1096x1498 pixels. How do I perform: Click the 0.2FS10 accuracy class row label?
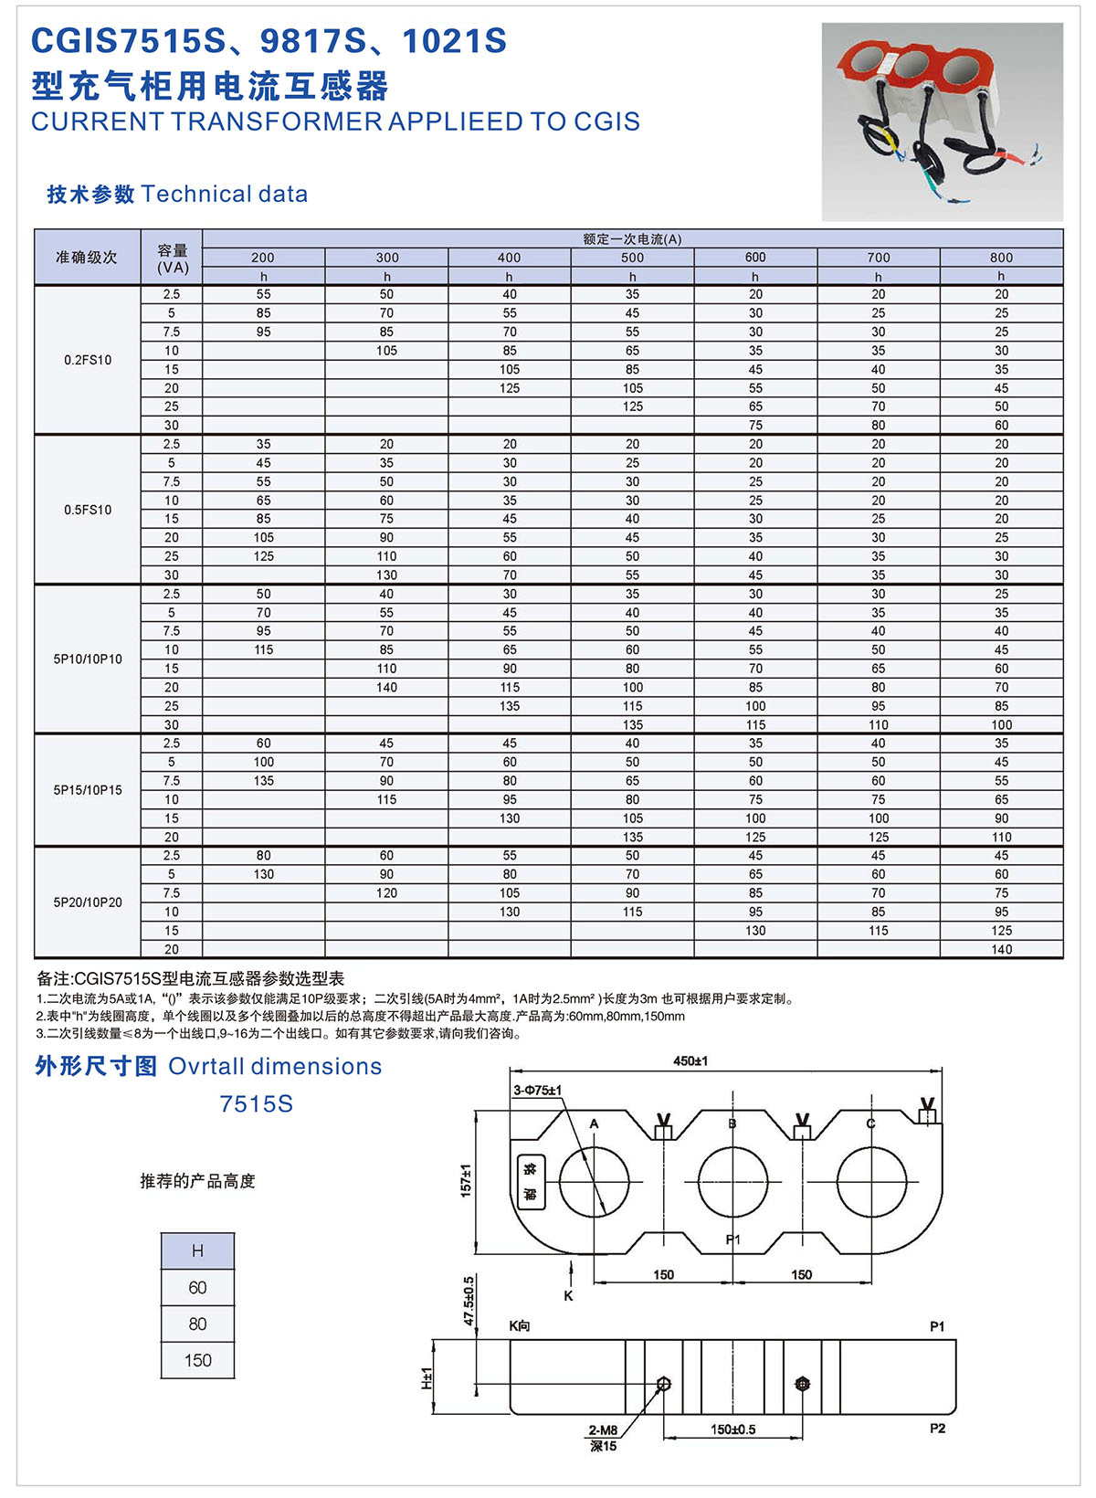88,360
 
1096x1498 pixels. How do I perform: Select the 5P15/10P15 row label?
88,790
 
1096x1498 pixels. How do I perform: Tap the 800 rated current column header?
1001,258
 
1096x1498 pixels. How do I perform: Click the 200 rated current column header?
263,258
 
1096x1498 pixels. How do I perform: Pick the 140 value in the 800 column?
1001,949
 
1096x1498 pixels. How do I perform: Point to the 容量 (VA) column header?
173,258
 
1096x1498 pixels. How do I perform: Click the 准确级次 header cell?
87,258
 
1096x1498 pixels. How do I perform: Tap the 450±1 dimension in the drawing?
690,1061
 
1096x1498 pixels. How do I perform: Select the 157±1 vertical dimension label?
466,1181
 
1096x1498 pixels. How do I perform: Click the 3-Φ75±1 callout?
537,1090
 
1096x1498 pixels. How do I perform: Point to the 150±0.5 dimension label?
732,1429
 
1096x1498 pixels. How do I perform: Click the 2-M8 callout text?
603,1430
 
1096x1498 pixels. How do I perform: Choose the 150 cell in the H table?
197,1360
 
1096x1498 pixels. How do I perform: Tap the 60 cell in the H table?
197,1287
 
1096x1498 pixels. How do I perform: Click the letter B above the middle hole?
732,1123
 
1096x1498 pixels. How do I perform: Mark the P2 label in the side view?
937,1429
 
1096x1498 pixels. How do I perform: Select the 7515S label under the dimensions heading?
256,1104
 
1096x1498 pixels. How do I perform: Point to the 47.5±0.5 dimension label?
469,1301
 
